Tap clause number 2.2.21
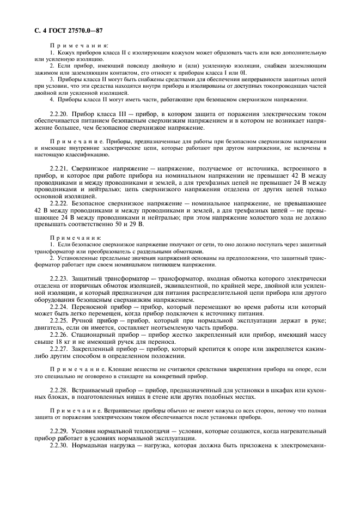coord(58,170)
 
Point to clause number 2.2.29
coord(58,431)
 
